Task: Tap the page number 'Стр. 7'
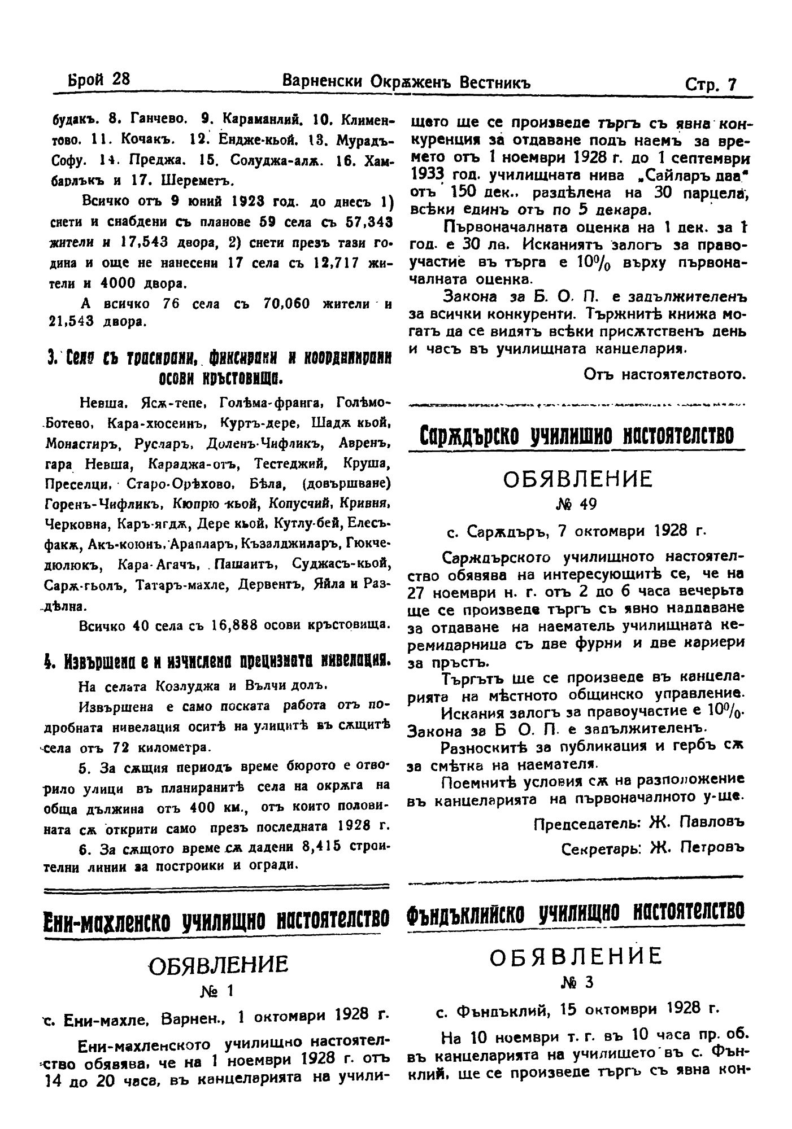pyautogui.click(x=710, y=84)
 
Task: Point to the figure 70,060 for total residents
pyautogui.click(x=287, y=304)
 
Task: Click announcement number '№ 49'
pyautogui.click(x=577, y=504)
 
